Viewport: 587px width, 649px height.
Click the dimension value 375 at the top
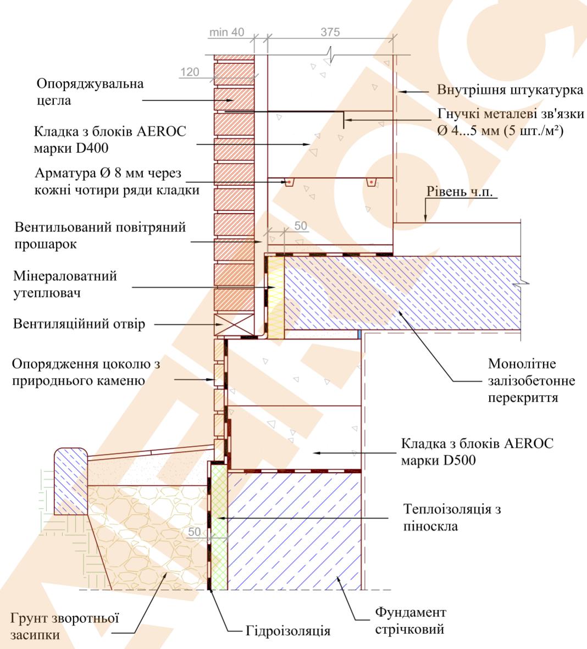(x=330, y=32)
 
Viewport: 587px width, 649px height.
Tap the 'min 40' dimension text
(x=226, y=32)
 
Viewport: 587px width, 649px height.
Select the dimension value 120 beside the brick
(x=190, y=72)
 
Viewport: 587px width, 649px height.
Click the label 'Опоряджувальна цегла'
(x=90, y=92)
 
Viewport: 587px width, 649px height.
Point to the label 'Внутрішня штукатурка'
(x=511, y=90)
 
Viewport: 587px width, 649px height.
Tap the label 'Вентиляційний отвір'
(x=79, y=324)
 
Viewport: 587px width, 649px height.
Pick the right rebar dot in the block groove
(x=372, y=181)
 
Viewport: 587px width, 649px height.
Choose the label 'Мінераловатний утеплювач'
(x=65, y=284)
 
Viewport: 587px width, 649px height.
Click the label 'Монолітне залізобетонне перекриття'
(x=523, y=380)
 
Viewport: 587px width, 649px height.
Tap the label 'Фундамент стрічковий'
(x=411, y=620)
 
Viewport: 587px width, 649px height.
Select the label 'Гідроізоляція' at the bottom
(x=288, y=630)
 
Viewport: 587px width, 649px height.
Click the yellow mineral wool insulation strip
(x=276, y=297)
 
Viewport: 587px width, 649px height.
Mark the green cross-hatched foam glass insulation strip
(x=219, y=528)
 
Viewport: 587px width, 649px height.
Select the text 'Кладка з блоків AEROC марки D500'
(x=477, y=452)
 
